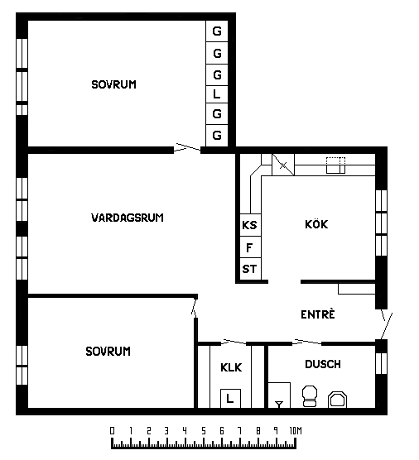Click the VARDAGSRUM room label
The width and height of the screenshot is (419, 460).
[128, 218]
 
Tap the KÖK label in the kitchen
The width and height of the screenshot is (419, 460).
[316, 224]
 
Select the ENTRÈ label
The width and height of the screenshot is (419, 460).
[318, 314]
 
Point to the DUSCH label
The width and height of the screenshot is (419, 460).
[323, 364]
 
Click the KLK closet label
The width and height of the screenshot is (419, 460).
[231, 367]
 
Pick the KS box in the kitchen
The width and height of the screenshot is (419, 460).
[250, 225]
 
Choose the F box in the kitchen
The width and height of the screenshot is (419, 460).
[250, 247]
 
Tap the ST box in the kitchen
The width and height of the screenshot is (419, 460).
[250, 270]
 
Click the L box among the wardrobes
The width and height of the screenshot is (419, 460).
[217, 94]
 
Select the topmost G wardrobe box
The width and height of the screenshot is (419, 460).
[217, 31]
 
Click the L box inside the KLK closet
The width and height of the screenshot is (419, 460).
[230, 399]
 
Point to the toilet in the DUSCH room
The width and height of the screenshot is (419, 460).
[310, 396]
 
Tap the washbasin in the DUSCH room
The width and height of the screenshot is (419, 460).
[337, 400]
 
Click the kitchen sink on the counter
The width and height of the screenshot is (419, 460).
[336, 165]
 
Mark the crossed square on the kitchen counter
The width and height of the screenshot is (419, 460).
[283, 165]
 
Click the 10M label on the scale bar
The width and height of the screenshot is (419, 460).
[296, 431]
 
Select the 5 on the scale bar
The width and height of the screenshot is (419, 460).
[204, 431]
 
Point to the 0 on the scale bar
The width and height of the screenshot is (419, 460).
[112, 431]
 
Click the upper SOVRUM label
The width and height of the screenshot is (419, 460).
[114, 84]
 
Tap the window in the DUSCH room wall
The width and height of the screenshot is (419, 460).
[382, 363]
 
